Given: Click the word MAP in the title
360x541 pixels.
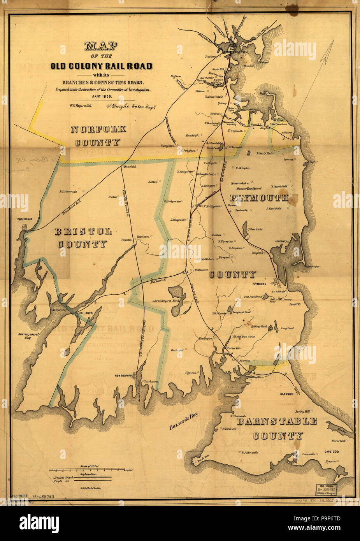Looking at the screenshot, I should point(101,46).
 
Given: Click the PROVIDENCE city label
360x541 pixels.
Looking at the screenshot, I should point(24,219).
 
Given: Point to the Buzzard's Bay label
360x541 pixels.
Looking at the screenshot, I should point(183,422).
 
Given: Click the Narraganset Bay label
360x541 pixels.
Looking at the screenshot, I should point(27,336).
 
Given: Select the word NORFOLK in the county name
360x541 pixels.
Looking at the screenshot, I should point(98,130).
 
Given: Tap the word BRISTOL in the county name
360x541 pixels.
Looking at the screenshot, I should point(83,231).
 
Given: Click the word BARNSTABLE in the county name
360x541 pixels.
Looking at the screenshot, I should point(277,421).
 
